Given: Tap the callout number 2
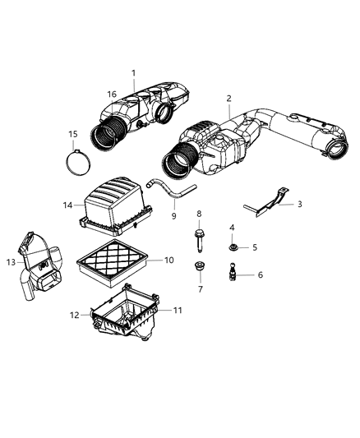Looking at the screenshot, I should click(x=228, y=98).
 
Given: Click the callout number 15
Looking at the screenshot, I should click(x=73, y=134).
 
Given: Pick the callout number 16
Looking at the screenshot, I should click(x=112, y=95).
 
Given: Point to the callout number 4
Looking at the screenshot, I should click(x=232, y=227).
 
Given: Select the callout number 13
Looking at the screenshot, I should click(x=11, y=261).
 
